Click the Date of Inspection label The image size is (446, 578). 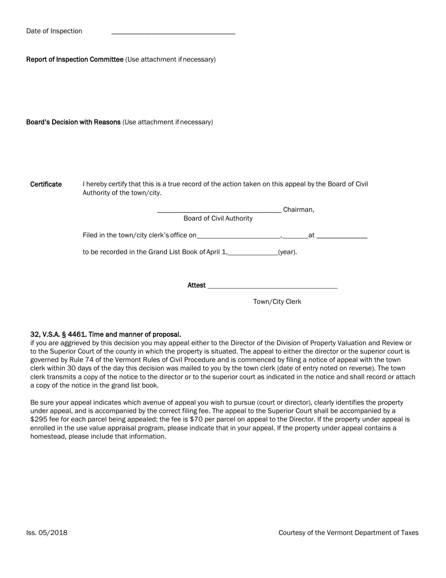coord(54,31)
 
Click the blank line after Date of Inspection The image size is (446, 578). coord(173,32)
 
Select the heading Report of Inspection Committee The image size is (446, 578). coord(75,59)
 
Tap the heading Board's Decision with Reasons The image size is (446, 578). coord(73,122)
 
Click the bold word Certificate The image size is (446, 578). coord(46,184)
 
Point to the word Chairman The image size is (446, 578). coord(298,210)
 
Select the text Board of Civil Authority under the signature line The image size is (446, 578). coord(218,219)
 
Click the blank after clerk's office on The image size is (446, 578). coord(238,237)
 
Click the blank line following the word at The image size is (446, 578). coord(342,237)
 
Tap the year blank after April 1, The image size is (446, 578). coord(253,254)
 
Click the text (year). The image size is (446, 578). coord(287,252)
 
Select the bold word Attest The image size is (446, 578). coord(196,285)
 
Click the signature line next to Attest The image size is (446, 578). coord(272,287)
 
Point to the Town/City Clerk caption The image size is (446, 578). coord(277,302)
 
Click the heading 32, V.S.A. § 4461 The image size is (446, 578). coord(105,335)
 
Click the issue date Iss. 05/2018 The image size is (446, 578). coord(46,533)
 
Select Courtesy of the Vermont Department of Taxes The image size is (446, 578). coord(348,533)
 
